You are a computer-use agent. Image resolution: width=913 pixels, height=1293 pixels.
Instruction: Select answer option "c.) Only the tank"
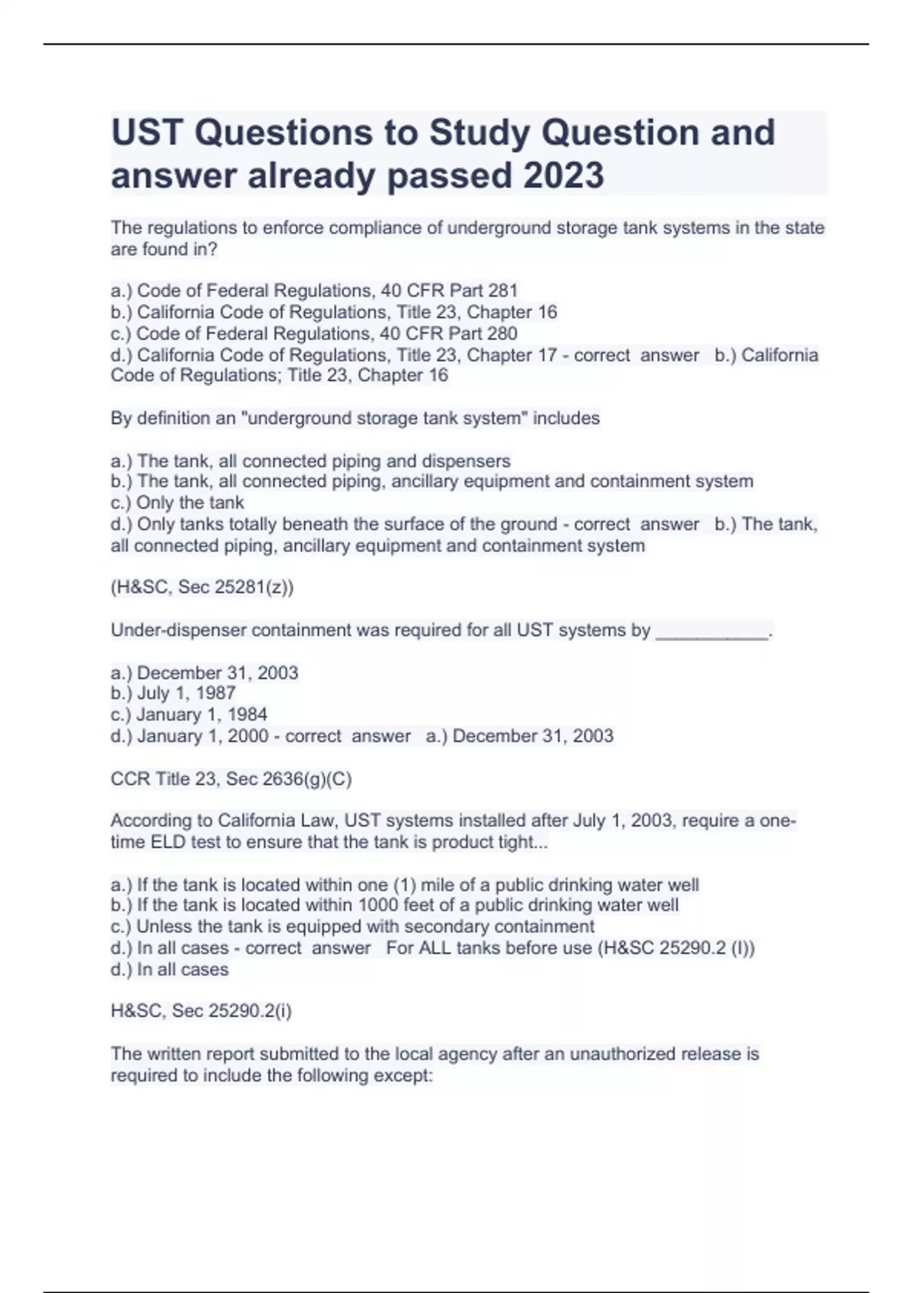pyautogui.click(x=177, y=503)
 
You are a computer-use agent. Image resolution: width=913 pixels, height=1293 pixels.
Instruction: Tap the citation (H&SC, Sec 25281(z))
pyautogui.click(x=202, y=587)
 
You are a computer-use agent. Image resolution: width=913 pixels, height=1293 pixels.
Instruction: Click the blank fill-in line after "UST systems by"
pyautogui.click(x=712, y=631)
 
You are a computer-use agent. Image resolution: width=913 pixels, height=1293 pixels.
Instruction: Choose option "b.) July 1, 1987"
pyautogui.click(x=173, y=693)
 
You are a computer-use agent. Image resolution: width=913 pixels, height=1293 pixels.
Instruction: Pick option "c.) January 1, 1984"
pyautogui.click(x=189, y=714)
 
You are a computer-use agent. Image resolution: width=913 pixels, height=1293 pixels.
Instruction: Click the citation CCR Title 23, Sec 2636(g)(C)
pyautogui.click(x=231, y=779)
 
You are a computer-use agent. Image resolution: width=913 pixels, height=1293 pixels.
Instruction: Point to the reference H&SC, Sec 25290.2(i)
pyautogui.click(x=202, y=1011)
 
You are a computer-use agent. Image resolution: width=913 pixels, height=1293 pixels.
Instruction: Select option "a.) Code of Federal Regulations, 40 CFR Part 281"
pyautogui.click(x=314, y=291)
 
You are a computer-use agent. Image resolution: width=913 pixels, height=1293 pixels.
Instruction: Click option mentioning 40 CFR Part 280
pyautogui.click(x=314, y=333)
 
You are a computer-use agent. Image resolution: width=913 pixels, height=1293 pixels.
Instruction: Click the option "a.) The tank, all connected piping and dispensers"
pyautogui.click(x=310, y=461)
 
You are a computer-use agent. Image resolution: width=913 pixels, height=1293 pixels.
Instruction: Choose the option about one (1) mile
pyautogui.click(x=405, y=885)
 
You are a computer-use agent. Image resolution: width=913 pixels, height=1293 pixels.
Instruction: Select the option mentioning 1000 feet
pyautogui.click(x=395, y=905)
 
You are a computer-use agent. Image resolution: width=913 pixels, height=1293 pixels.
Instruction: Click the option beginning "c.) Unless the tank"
pyautogui.click(x=352, y=926)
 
